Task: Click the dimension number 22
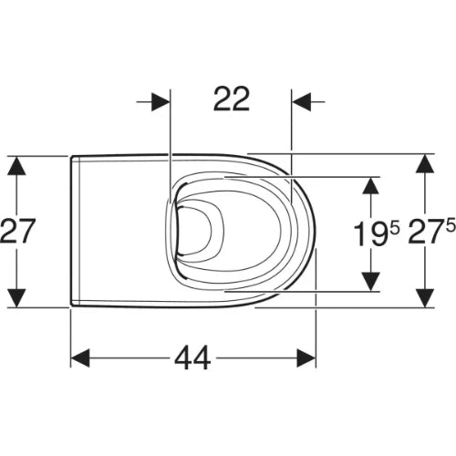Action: (x=232, y=98)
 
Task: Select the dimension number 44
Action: (x=192, y=358)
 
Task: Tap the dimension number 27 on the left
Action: (x=17, y=231)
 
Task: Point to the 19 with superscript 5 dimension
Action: (x=376, y=233)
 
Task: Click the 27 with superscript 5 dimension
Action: (x=431, y=231)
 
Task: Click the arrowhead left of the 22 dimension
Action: (x=161, y=102)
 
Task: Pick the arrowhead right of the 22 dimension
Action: (x=302, y=102)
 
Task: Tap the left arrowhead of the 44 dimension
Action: (x=80, y=358)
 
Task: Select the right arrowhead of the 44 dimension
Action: (x=306, y=358)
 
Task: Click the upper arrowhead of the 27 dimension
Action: (x=16, y=165)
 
